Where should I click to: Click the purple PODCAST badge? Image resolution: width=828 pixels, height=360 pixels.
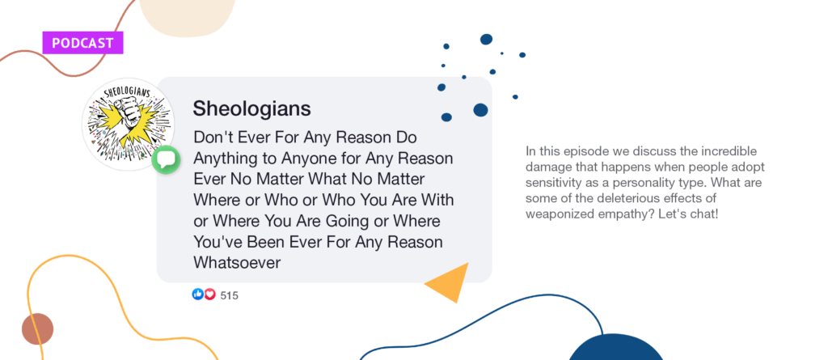82,43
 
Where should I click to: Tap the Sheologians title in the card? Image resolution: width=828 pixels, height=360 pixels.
251,108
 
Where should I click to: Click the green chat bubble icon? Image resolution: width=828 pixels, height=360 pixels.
166,159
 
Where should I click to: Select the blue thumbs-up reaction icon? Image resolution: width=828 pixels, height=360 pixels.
197,294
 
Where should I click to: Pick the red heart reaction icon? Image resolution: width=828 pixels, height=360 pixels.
209,294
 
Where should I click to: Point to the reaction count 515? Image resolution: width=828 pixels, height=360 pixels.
229,295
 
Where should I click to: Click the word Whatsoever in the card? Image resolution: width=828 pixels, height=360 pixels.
237,263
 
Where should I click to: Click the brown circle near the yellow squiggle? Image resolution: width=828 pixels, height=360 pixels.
37,328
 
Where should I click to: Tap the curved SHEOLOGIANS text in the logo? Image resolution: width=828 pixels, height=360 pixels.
127,94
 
